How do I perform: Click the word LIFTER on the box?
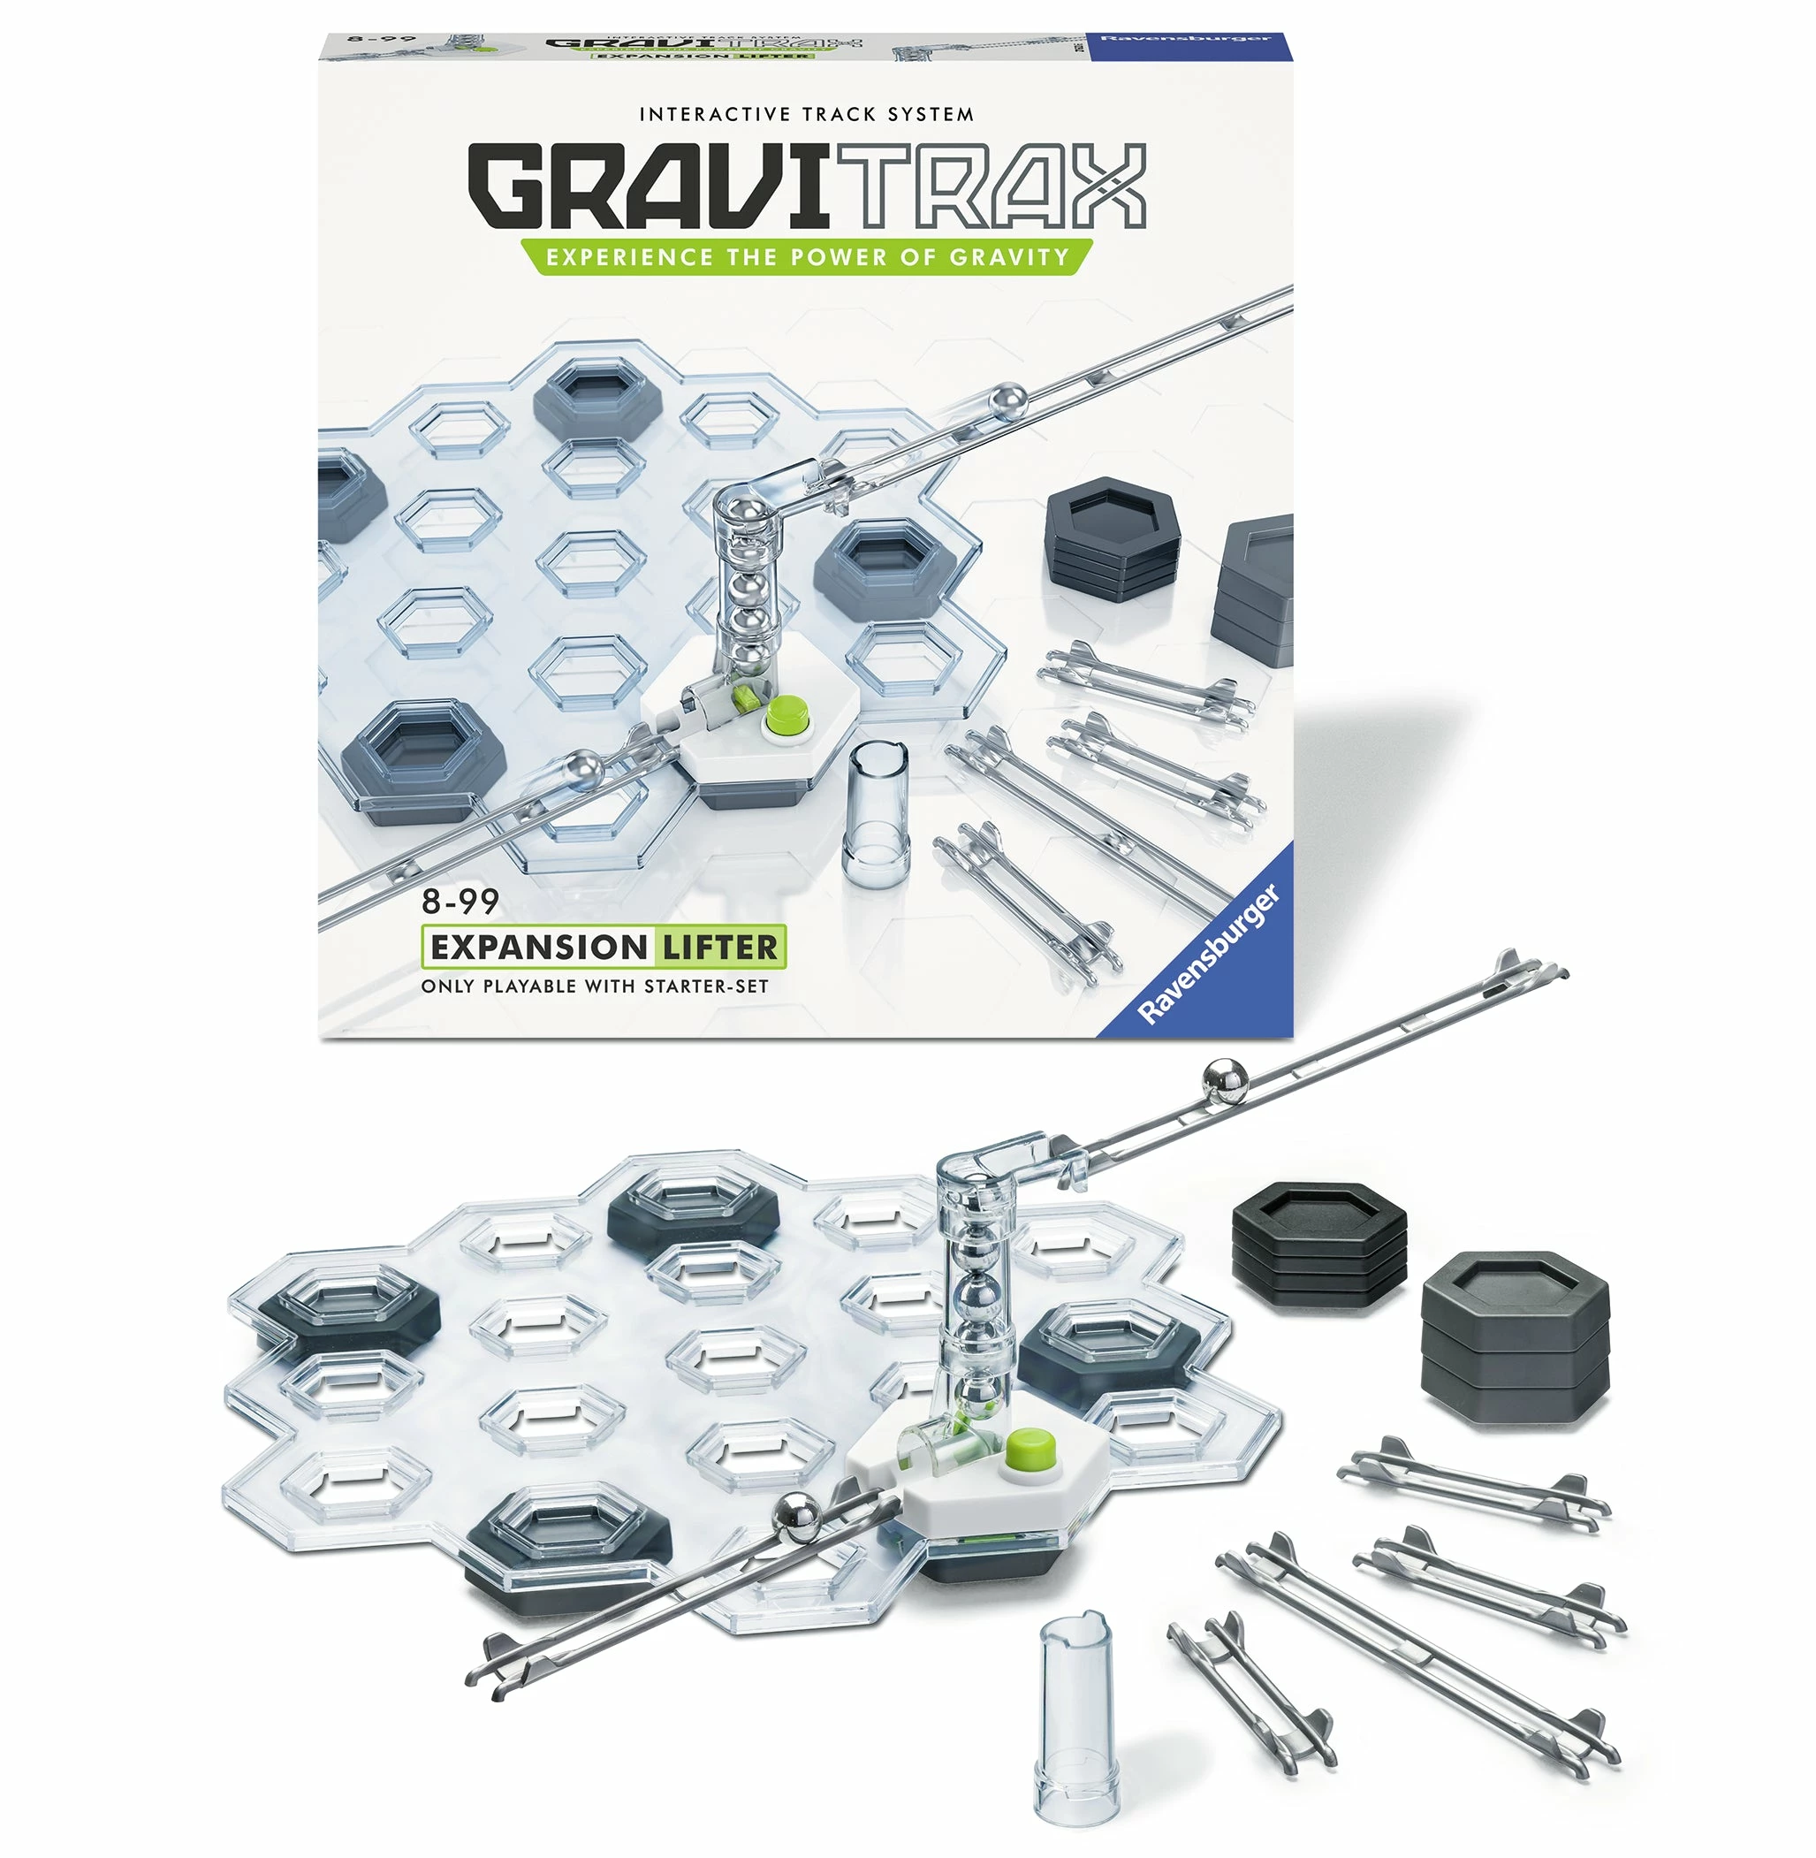pyautogui.click(x=719, y=948)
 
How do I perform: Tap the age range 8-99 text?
pyautogui.click(x=460, y=901)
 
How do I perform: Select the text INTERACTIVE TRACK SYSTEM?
pyautogui.click(x=806, y=114)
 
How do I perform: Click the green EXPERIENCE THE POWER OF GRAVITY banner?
pyautogui.click(x=806, y=257)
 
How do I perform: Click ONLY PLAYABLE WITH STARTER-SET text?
pyautogui.click(x=594, y=986)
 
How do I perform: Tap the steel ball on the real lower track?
pyautogui.click(x=797, y=1518)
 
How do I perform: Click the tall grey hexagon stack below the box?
pyautogui.click(x=1514, y=1339)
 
